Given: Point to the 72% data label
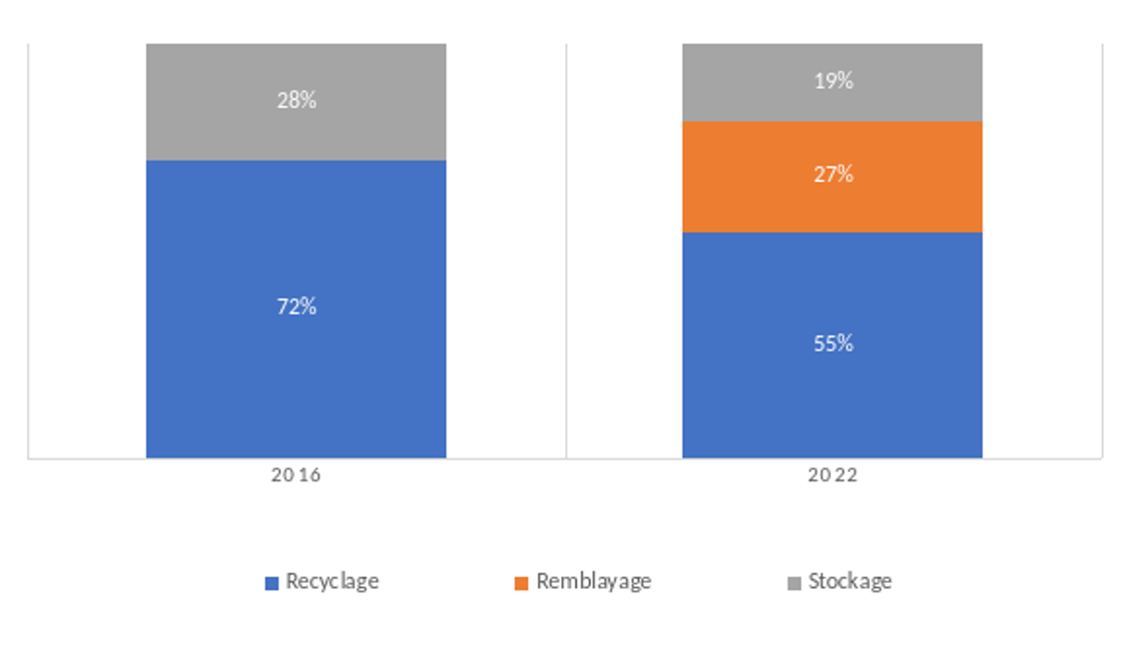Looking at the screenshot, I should (x=296, y=307).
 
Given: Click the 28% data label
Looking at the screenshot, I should (x=296, y=100).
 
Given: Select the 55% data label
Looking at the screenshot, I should (x=833, y=343).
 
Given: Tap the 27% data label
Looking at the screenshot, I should (x=833, y=175).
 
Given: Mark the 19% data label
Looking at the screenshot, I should (x=833, y=81).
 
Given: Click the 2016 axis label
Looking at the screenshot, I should (x=295, y=476).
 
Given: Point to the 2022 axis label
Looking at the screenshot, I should (x=833, y=476).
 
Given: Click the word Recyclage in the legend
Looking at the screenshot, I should (x=331, y=581).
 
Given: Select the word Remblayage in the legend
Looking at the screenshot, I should (x=593, y=581).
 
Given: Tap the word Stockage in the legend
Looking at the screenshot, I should (x=850, y=581).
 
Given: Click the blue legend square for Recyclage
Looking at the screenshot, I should (x=272, y=583).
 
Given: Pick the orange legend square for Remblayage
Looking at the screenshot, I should (x=521, y=583).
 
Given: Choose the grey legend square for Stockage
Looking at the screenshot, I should (x=795, y=583).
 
